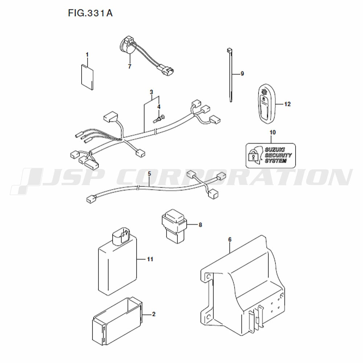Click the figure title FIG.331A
pyautogui.click(x=90, y=13)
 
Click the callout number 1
pyautogui.click(x=87, y=55)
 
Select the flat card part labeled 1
pyautogui.click(x=87, y=77)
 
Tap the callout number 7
pyautogui.click(x=130, y=66)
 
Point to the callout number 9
pyautogui.click(x=242, y=74)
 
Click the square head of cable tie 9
pyautogui.click(x=229, y=50)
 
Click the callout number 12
pyautogui.click(x=287, y=104)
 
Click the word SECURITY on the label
pyautogui.click(x=278, y=155)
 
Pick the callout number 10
pyautogui.click(x=273, y=132)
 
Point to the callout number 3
pyautogui.click(x=151, y=92)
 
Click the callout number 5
pyautogui.click(x=149, y=174)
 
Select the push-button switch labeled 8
pyautogui.click(x=174, y=226)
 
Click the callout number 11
pyautogui.click(x=150, y=259)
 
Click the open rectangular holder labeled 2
pyautogui.click(x=117, y=321)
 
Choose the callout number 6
pyautogui.click(x=230, y=240)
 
